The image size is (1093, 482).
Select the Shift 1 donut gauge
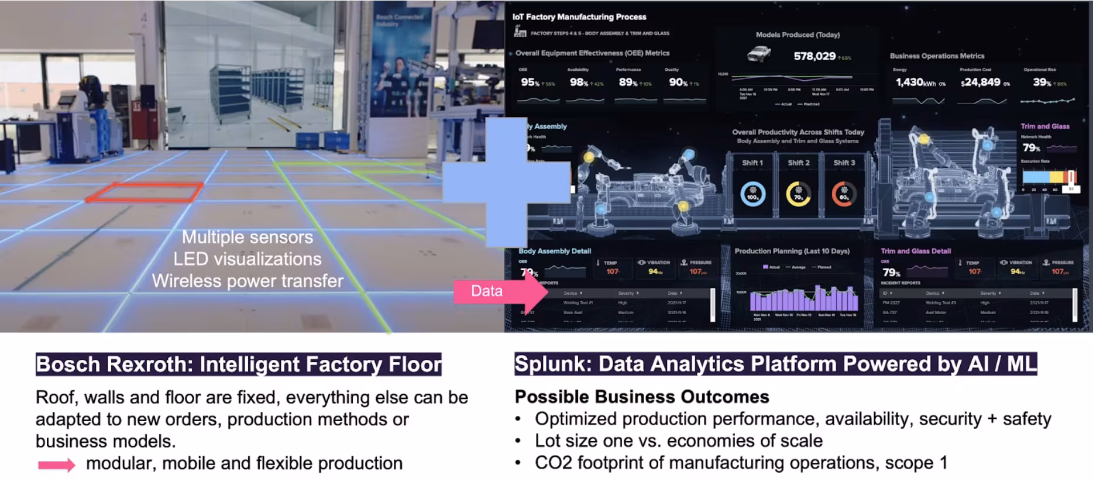tap(752, 194)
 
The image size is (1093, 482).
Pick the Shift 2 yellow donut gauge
tap(798, 194)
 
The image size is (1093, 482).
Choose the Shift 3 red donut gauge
tap(844, 194)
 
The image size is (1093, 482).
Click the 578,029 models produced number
tap(814, 56)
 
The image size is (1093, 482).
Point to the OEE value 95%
tap(530, 82)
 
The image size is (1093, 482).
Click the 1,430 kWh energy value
tap(916, 82)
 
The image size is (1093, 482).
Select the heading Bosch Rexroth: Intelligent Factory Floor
tap(239, 364)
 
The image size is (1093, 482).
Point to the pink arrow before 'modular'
tap(57, 465)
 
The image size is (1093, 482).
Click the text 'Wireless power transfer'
tap(248, 281)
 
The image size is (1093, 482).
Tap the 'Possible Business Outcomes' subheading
tap(642, 397)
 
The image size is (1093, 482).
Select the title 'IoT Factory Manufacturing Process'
tap(579, 17)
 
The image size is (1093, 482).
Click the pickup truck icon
tap(759, 55)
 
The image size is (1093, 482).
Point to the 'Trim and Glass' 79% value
tap(1031, 148)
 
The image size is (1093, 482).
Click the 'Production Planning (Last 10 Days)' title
tap(792, 251)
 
